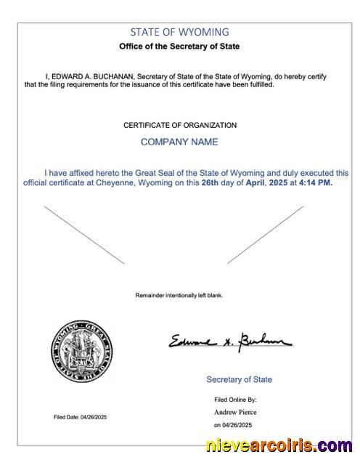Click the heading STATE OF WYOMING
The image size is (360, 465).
[179, 32]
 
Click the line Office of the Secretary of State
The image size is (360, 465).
[179, 46]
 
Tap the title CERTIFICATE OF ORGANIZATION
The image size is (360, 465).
[179, 125]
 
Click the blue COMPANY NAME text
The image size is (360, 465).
[179, 142]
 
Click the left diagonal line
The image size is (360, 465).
[84, 235]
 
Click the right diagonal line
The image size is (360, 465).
[266, 235]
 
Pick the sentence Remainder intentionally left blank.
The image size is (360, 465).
[179, 295]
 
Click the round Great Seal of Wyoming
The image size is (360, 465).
[81, 351]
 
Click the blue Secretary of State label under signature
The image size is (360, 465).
[239, 379]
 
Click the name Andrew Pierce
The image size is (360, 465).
[234, 412]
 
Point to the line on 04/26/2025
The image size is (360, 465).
[232, 424]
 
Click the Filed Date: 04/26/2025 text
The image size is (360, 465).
[80, 416]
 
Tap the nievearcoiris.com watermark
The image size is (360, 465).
[279, 446]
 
